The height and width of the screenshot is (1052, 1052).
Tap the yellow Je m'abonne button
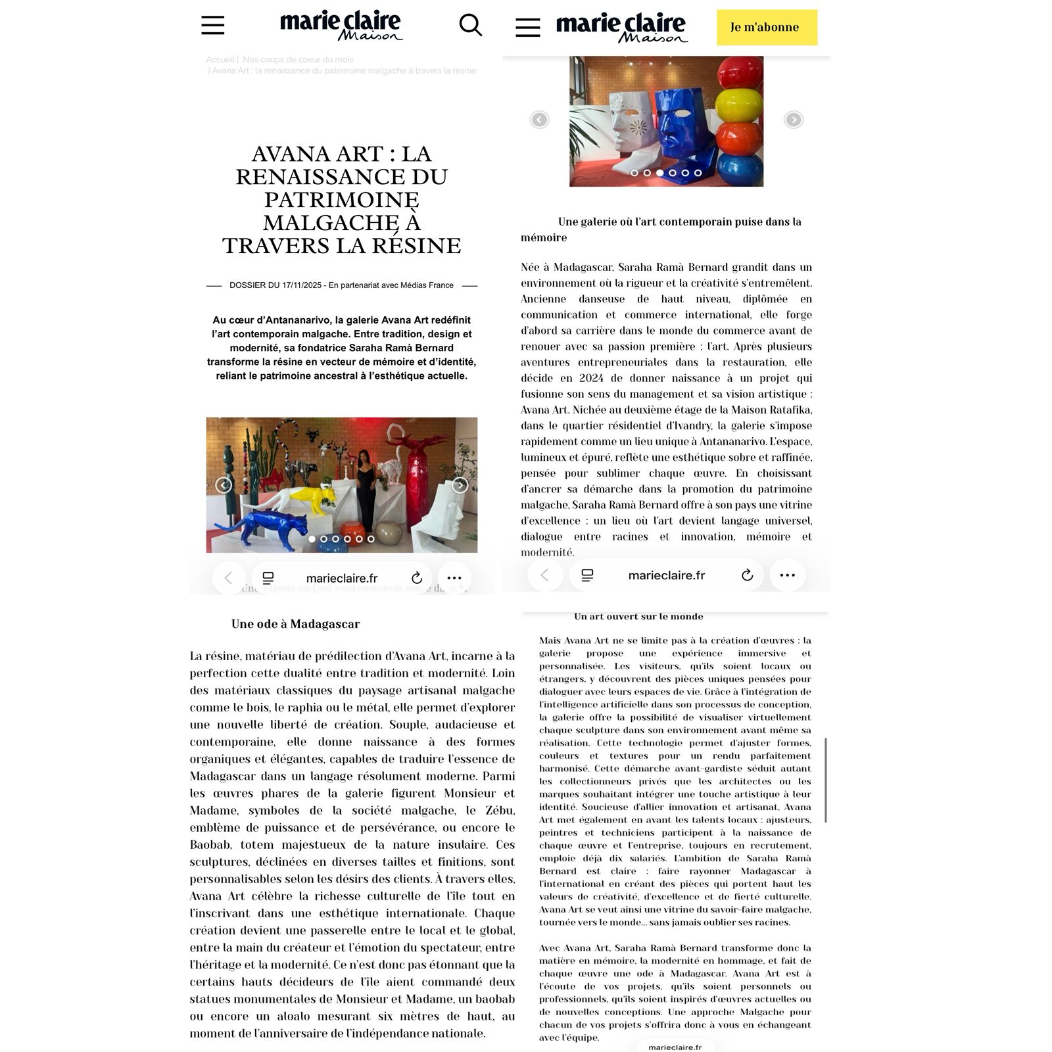click(x=767, y=28)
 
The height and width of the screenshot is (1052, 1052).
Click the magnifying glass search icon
click(x=470, y=26)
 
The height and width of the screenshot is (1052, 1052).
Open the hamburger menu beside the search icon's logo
click(x=213, y=26)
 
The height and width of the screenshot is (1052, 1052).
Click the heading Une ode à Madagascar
click(x=295, y=624)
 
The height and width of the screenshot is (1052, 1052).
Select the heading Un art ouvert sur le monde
click(x=638, y=617)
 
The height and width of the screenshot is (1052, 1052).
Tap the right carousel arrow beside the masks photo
click(x=794, y=120)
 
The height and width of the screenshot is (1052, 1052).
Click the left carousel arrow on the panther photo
click(x=224, y=485)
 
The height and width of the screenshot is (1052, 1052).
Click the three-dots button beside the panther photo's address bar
click(x=454, y=578)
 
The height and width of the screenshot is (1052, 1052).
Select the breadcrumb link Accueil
click(x=220, y=60)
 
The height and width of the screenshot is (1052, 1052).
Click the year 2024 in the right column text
click(x=592, y=378)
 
